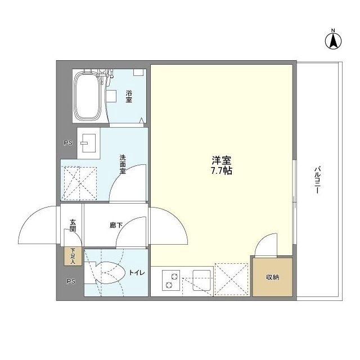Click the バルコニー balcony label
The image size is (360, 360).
pyautogui.click(x=318, y=180)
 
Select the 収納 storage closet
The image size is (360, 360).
pyautogui.click(x=272, y=277)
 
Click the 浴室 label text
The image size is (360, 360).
pyautogui.click(x=128, y=96)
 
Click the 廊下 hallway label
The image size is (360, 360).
pyautogui.click(x=116, y=226)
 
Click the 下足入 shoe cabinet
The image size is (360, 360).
pyautogui.click(x=73, y=256)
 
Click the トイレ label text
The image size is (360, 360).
pyautogui.click(x=137, y=273)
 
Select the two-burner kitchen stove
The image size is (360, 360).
pyautogui.click(x=170, y=280)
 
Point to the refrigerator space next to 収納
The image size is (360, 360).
pyautogui.click(x=232, y=280)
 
